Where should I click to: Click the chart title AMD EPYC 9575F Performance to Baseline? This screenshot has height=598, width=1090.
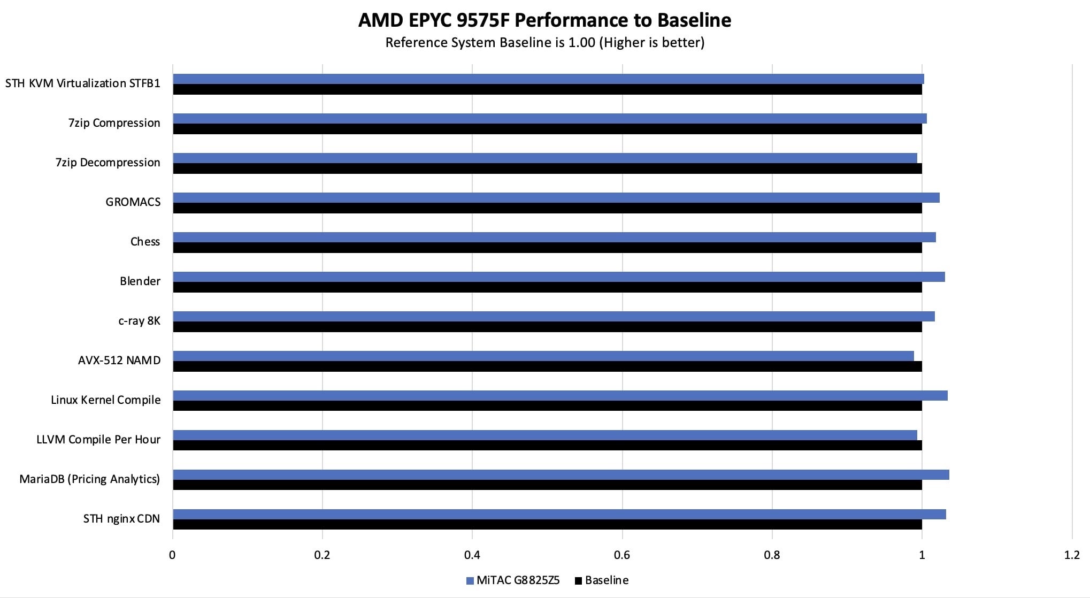coord(544,20)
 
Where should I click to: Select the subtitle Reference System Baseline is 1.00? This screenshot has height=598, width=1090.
coord(544,43)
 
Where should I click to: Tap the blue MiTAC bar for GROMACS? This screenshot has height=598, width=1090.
coord(556,198)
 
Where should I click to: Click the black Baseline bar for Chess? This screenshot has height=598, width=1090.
coord(547,248)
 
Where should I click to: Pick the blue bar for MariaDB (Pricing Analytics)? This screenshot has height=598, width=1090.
coord(561,475)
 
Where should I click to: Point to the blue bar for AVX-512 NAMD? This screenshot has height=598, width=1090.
coord(543,356)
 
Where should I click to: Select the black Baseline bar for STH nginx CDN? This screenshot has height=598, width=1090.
coord(547,525)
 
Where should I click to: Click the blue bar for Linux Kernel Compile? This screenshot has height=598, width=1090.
coord(560,396)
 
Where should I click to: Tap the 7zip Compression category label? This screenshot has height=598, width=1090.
coord(114,123)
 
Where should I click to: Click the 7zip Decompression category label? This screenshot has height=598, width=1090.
coord(108,163)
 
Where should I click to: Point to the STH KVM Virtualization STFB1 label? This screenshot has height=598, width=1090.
coord(82,83)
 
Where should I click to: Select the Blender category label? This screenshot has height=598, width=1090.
coord(140,281)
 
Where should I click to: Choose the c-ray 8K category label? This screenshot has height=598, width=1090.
coord(139,321)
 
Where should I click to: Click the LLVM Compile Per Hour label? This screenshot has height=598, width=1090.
coord(98,440)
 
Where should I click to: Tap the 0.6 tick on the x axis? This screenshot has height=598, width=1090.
coord(622,555)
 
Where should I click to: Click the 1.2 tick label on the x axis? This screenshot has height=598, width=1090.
coord(1071,555)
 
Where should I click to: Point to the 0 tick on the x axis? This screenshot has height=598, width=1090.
coord(172,555)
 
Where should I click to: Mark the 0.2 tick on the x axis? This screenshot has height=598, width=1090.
coord(322,555)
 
